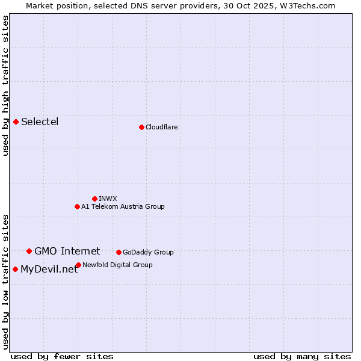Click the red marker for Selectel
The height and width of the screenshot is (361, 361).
click(x=16, y=122)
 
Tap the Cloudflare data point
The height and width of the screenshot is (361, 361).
click(x=141, y=127)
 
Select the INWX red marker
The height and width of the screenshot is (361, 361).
click(x=94, y=199)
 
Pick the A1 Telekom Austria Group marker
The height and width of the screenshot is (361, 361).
click(x=77, y=206)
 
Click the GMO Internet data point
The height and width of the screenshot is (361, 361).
click(x=29, y=251)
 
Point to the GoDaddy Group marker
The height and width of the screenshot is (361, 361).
click(x=119, y=252)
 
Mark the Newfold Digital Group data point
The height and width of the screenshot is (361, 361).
click(x=78, y=265)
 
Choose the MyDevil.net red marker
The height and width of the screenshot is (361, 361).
click(x=15, y=269)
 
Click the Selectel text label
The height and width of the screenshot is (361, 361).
click(x=40, y=122)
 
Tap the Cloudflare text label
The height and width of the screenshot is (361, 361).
click(x=161, y=127)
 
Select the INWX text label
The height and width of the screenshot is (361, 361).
click(x=108, y=199)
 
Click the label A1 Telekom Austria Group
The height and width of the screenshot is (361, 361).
click(x=123, y=206)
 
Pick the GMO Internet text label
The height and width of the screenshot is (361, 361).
click(x=67, y=251)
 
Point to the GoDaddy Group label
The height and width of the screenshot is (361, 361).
click(x=148, y=252)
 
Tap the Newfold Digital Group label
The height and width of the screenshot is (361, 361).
click(x=117, y=265)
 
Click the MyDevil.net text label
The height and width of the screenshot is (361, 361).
click(x=49, y=270)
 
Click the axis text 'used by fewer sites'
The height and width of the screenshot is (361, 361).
click(x=62, y=356)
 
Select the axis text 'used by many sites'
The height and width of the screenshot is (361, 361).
click(x=302, y=356)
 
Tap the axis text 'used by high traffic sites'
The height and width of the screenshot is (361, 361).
click(x=6, y=85)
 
